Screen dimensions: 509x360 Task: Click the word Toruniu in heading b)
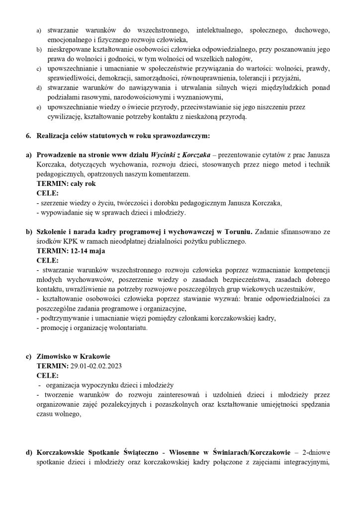pyautogui.click(x=239, y=232)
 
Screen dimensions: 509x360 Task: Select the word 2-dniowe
pyautogui.click(x=316, y=453)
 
